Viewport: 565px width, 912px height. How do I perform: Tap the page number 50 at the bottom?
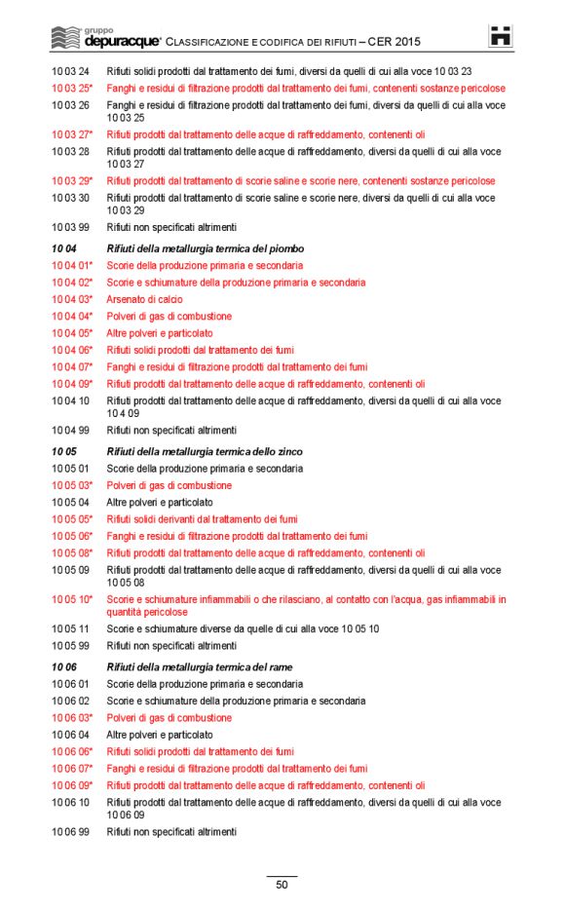tap(282, 885)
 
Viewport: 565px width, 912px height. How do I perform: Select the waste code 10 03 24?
tap(70, 71)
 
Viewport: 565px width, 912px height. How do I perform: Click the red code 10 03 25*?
tap(72, 88)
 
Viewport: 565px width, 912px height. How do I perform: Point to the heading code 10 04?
tap(63, 248)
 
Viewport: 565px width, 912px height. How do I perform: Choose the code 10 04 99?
tap(70, 430)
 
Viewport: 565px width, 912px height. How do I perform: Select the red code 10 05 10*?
tap(72, 599)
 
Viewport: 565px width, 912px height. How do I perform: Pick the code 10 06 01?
tap(70, 684)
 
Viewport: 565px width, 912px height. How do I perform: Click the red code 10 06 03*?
tap(72, 718)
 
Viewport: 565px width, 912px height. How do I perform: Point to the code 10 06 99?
tap(70, 832)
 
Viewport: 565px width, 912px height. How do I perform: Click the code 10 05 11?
tap(70, 628)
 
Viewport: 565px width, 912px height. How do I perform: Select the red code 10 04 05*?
tap(72, 333)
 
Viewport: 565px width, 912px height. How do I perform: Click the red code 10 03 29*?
tap(72, 181)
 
